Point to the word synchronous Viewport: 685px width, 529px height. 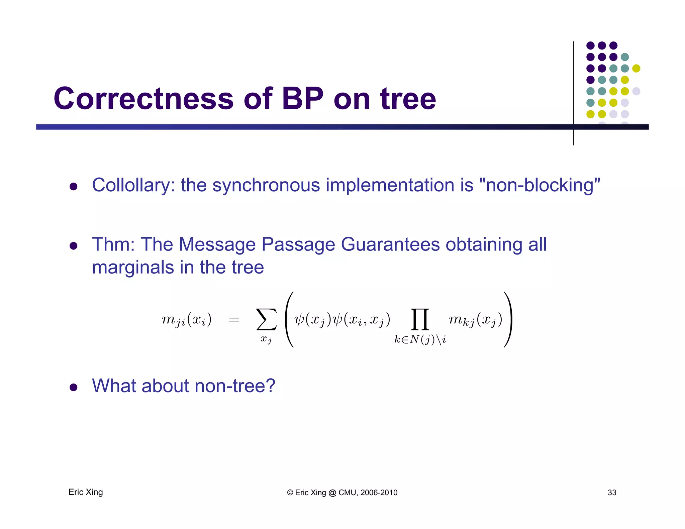[266, 185]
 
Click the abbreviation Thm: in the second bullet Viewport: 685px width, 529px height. [113, 244]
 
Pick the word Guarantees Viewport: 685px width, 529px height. [390, 244]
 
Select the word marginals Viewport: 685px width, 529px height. [133, 268]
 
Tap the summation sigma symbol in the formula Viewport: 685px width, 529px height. [266, 320]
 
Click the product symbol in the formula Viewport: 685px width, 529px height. [420, 320]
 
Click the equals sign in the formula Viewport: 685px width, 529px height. [233, 320]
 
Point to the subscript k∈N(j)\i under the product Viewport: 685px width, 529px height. [420, 340]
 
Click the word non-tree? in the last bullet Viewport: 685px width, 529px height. [235, 386]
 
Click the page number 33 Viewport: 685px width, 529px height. [612, 493]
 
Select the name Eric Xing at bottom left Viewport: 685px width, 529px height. [86, 492]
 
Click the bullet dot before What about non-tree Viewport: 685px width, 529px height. [74, 387]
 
